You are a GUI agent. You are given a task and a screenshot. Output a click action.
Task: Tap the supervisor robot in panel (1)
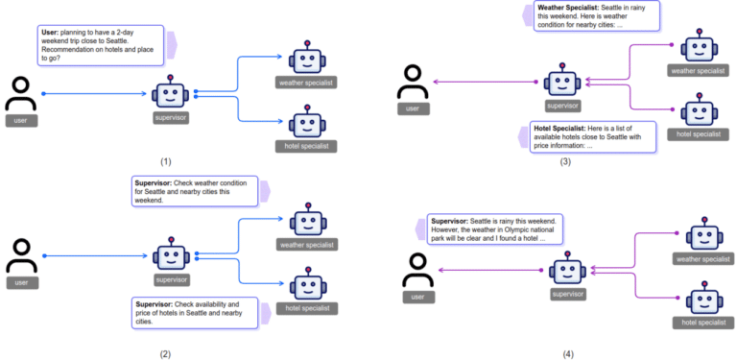point(170,94)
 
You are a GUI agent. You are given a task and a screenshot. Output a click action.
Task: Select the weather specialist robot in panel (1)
point(305,59)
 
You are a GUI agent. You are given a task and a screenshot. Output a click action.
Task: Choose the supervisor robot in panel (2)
point(170,256)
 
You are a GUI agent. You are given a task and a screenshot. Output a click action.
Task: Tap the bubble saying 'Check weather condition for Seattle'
point(196,190)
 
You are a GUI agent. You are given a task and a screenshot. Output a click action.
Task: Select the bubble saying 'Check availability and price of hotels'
point(196,311)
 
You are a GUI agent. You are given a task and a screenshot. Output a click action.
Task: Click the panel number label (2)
point(166,353)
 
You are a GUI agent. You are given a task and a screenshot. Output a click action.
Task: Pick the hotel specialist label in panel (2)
point(305,309)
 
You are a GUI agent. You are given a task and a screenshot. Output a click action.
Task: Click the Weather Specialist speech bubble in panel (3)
point(596,16)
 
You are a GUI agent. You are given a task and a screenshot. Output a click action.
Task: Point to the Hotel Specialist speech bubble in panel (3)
point(592,136)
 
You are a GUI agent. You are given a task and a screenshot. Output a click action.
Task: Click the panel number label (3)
point(565,161)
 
